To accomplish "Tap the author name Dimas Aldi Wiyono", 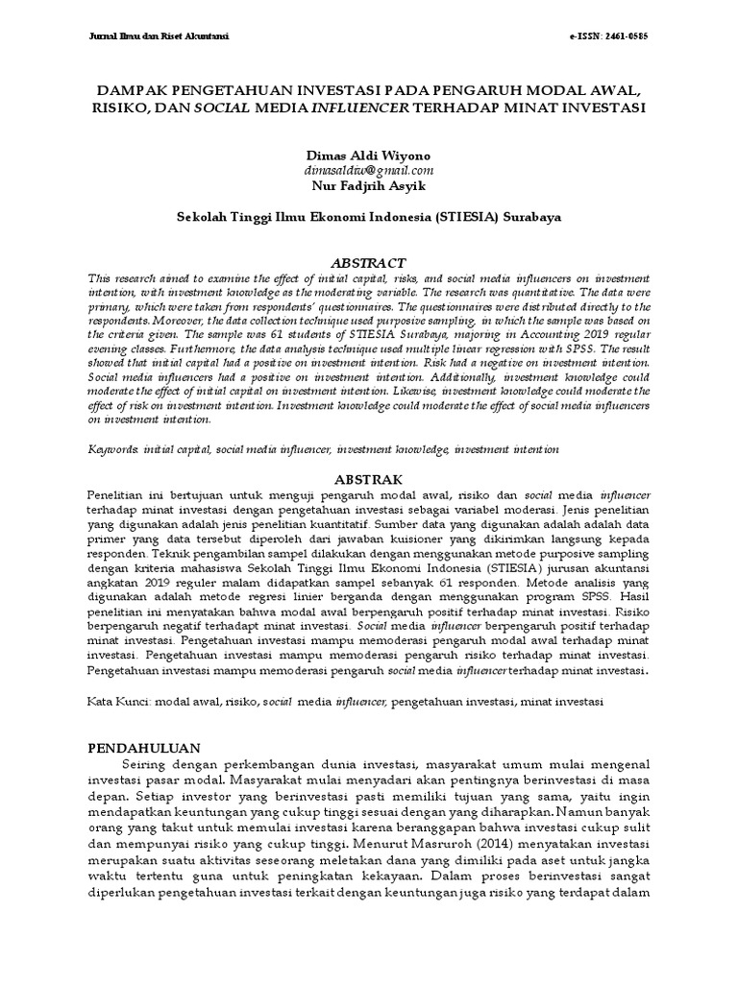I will coord(369,156).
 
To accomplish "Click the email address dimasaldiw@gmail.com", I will coord(369,170).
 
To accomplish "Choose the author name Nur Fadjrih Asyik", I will coord(369,184).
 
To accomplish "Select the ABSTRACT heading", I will coord(369,262).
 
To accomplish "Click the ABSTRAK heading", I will coord(369,477).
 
